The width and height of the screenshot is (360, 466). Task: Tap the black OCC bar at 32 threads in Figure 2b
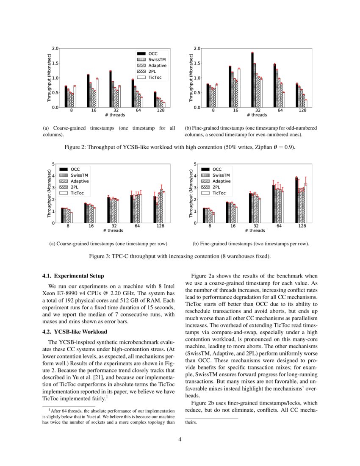click(x=252, y=80)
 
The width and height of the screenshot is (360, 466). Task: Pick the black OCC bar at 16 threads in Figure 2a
click(x=88, y=91)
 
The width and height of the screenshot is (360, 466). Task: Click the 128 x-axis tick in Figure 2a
click(x=159, y=110)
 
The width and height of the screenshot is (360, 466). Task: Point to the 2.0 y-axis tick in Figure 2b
click(x=197, y=48)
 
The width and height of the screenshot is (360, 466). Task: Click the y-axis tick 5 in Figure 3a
click(x=53, y=164)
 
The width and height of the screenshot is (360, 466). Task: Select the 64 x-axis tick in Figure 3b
click(x=280, y=226)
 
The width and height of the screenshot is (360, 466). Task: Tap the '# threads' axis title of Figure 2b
click(x=256, y=115)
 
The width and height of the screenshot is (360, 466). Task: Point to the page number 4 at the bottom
click(x=180, y=439)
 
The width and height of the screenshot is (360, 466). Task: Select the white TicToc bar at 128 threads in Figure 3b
click(x=305, y=203)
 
